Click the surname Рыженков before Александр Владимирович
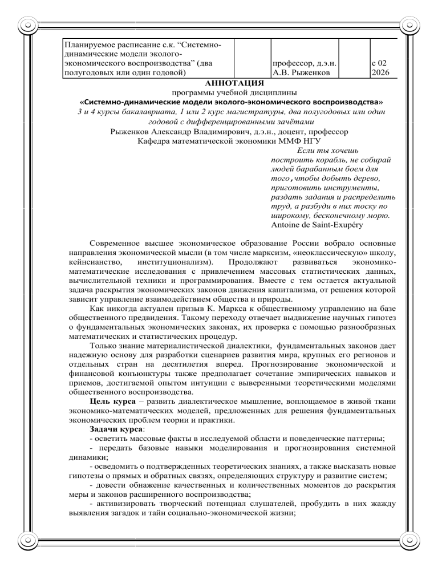pos(135,131)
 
